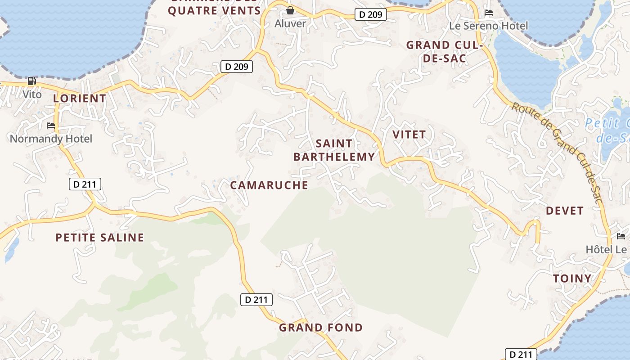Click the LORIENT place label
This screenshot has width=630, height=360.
click(80, 98)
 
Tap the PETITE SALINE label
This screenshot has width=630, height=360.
click(100, 237)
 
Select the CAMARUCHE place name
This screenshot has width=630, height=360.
click(269, 185)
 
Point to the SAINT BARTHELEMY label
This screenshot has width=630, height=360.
click(334, 150)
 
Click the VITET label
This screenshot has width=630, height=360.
click(409, 134)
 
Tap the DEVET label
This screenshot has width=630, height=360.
click(565, 210)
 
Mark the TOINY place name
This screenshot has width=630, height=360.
click(572, 278)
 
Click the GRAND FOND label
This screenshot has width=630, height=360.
click(321, 327)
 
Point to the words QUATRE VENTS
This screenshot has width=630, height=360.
click(214, 10)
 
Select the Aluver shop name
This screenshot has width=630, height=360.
click(290, 23)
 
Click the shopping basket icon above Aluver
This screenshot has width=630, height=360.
click(290, 10)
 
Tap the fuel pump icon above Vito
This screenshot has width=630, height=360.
click(32, 81)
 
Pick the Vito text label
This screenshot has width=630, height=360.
click(32, 94)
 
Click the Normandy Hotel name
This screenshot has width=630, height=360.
click(51, 139)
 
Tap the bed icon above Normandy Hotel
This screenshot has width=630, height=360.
click(51, 125)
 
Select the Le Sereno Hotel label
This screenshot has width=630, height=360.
click(489, 26)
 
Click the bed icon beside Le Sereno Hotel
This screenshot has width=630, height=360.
click(489, 13)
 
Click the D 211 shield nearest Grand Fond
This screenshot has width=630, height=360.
click(256, 299)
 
